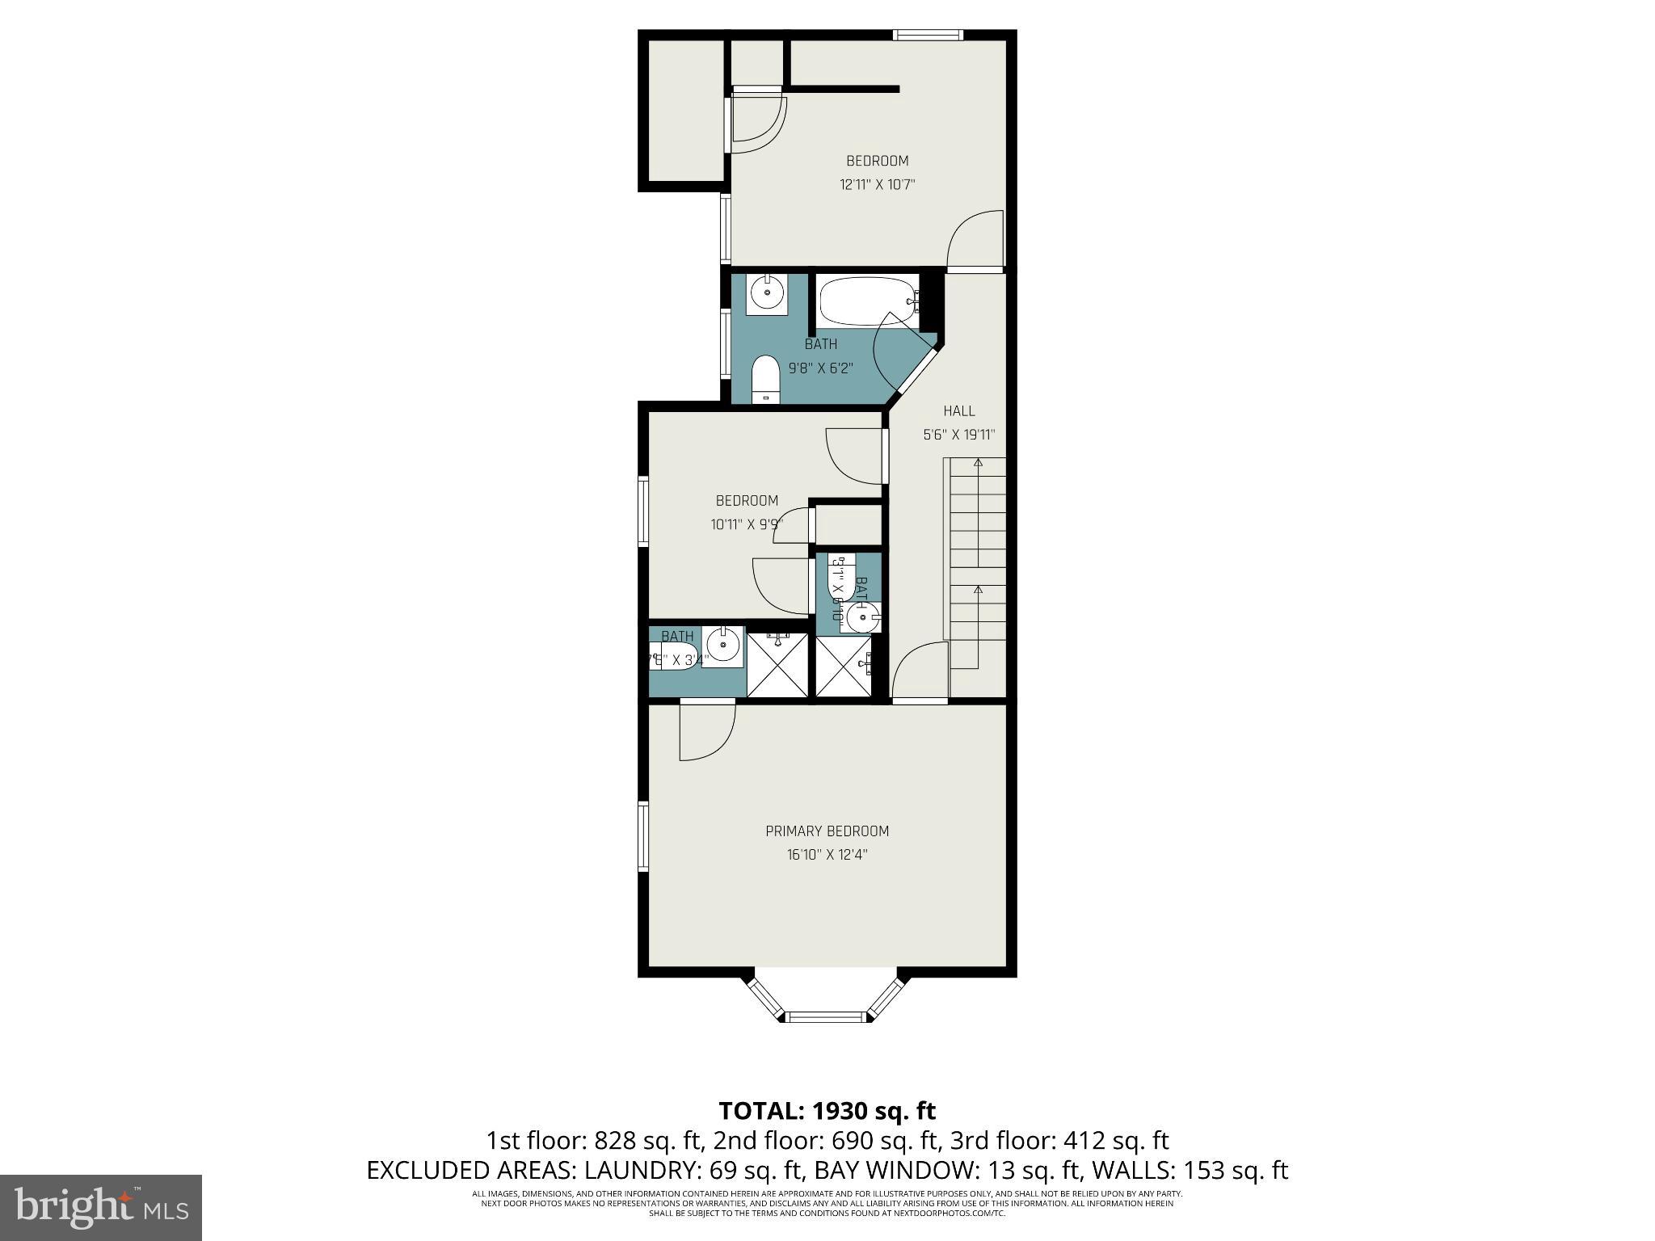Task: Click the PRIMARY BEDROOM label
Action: coord(827,831)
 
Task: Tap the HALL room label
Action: coord(958,410)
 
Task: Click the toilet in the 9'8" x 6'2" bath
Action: coord(764,380)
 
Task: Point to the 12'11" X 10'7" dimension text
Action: coord(877,184)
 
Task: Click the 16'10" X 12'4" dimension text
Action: coord(827,854)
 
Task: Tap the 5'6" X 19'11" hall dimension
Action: coord(958,435)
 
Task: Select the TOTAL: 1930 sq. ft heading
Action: coord(827,1110)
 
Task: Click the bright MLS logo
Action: coord(101,1207)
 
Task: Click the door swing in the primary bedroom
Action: coord(705,731)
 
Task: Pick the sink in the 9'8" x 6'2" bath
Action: coord(764,294)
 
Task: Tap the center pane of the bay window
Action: coord(827,1016)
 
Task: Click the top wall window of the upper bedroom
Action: coord(928,35)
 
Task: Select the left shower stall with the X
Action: coord(777,664)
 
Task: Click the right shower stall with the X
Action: coord(844,666)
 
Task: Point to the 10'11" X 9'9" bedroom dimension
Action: coord(747,524)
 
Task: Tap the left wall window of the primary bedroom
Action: coord(644,835)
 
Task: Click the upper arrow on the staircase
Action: coord(978,463)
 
